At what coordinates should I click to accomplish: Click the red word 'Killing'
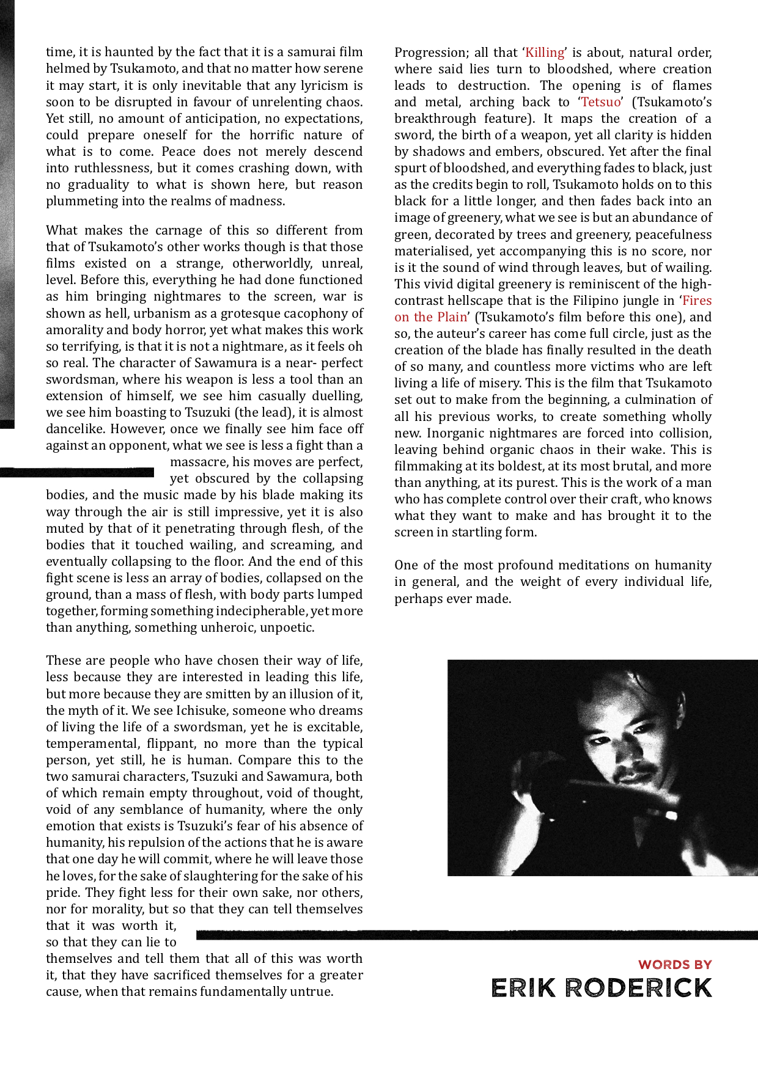[545, 53]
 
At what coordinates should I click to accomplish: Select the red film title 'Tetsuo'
[600, 102]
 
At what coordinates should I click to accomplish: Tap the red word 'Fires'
[697, 301]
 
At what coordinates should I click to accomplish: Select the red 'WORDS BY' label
[675, 965]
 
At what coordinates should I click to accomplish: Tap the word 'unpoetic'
[287, 627]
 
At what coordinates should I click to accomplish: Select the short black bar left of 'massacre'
[77, 472]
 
